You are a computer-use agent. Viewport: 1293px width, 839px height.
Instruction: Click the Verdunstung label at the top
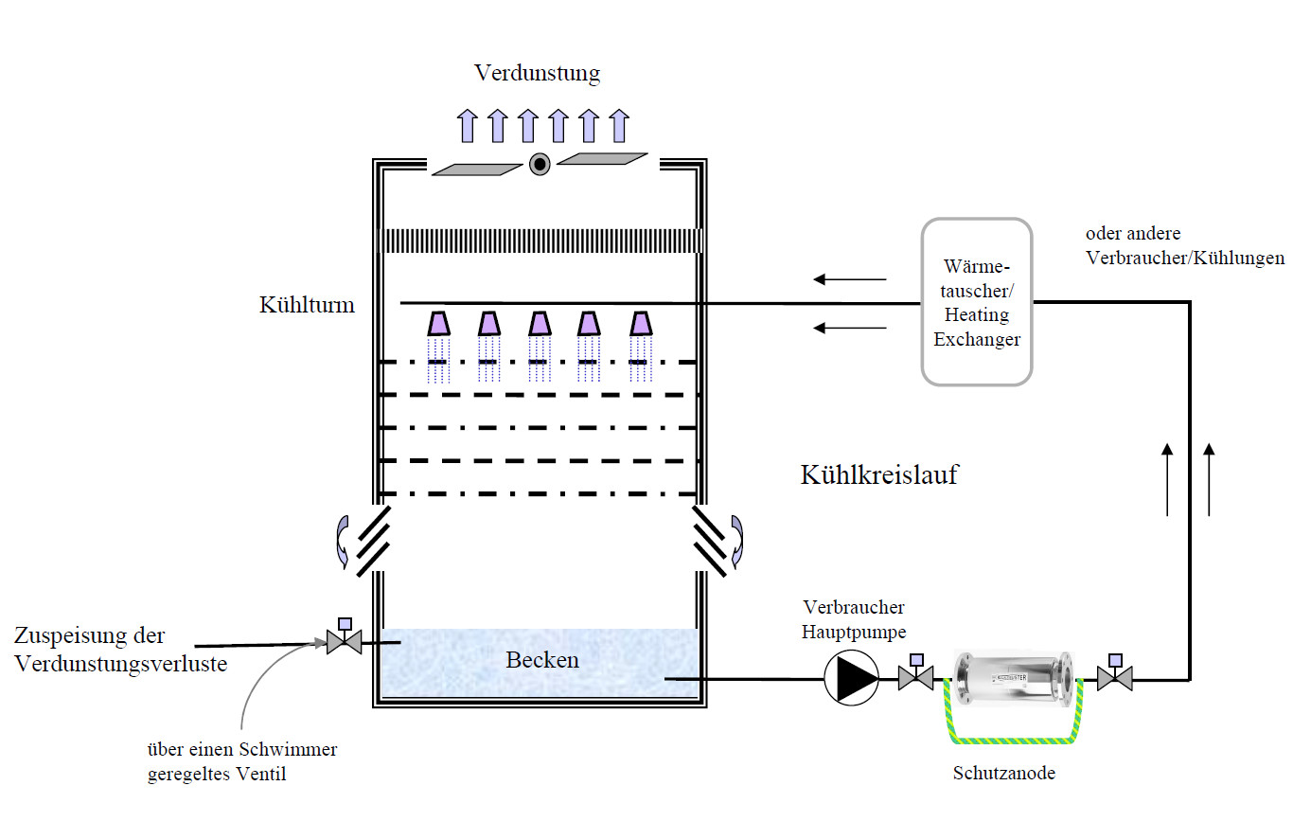[x=537, y=73]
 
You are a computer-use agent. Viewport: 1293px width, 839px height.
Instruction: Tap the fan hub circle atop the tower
[x=540, y=164]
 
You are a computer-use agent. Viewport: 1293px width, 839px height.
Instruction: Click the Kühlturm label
[x=307, y=305]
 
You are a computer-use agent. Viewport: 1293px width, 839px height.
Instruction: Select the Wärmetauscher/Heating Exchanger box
[x=977, y=302]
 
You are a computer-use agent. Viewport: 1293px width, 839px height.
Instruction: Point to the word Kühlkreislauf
[x=878, y=474]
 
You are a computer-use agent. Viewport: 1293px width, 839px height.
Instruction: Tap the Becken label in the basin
[x=541, y=660]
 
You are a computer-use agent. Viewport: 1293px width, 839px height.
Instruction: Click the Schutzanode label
[x=1003, y=774]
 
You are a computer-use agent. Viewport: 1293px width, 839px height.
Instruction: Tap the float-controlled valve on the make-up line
[x=343, y=642]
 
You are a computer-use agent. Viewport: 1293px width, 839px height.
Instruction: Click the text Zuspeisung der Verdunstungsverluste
[x=121, y=650]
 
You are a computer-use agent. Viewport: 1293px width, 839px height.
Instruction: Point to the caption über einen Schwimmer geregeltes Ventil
[x=242, y=762]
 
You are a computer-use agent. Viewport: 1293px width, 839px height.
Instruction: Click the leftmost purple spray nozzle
[x=438, y=324]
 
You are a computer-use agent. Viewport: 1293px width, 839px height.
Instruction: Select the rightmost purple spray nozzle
[x=641, y=324]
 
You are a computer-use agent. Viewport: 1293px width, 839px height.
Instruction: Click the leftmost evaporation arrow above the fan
[x=467, y=126]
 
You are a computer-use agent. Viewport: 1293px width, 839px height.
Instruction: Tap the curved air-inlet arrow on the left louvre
[x=339, y=543]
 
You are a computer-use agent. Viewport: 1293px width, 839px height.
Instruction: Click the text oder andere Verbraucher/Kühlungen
[x=1184, y=245]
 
